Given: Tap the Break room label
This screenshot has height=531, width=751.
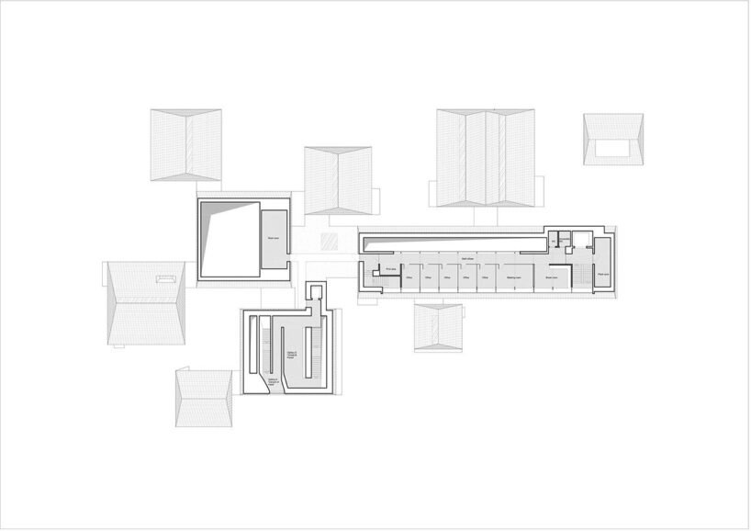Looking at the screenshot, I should coord(552,277).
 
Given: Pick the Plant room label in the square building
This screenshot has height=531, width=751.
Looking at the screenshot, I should coord(274,238).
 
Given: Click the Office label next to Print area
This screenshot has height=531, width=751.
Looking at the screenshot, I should coord(409,277).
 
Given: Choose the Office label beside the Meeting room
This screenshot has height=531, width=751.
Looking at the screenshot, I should coord(485,277).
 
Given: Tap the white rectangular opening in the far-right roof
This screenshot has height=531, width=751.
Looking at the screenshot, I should coord(612,146).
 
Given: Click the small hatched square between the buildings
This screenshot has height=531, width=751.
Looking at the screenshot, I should coord(330,243).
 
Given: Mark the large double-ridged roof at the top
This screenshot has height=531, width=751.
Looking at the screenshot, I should coord(486,157).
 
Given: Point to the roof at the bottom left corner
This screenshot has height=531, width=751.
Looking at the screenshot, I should coord(204,398).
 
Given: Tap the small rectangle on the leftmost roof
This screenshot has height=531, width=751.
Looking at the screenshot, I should coord(166,277).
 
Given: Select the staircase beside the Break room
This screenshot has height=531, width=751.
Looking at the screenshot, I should coord(577,274).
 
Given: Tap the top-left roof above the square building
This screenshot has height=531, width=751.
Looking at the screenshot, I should coord(186,144).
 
